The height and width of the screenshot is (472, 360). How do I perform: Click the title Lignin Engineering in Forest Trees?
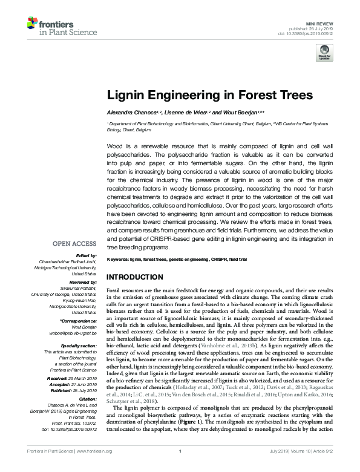tap(210, 95)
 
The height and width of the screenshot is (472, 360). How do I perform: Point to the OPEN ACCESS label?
tap(74, 244)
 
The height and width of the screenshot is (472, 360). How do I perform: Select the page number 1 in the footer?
tap(180, 465)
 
